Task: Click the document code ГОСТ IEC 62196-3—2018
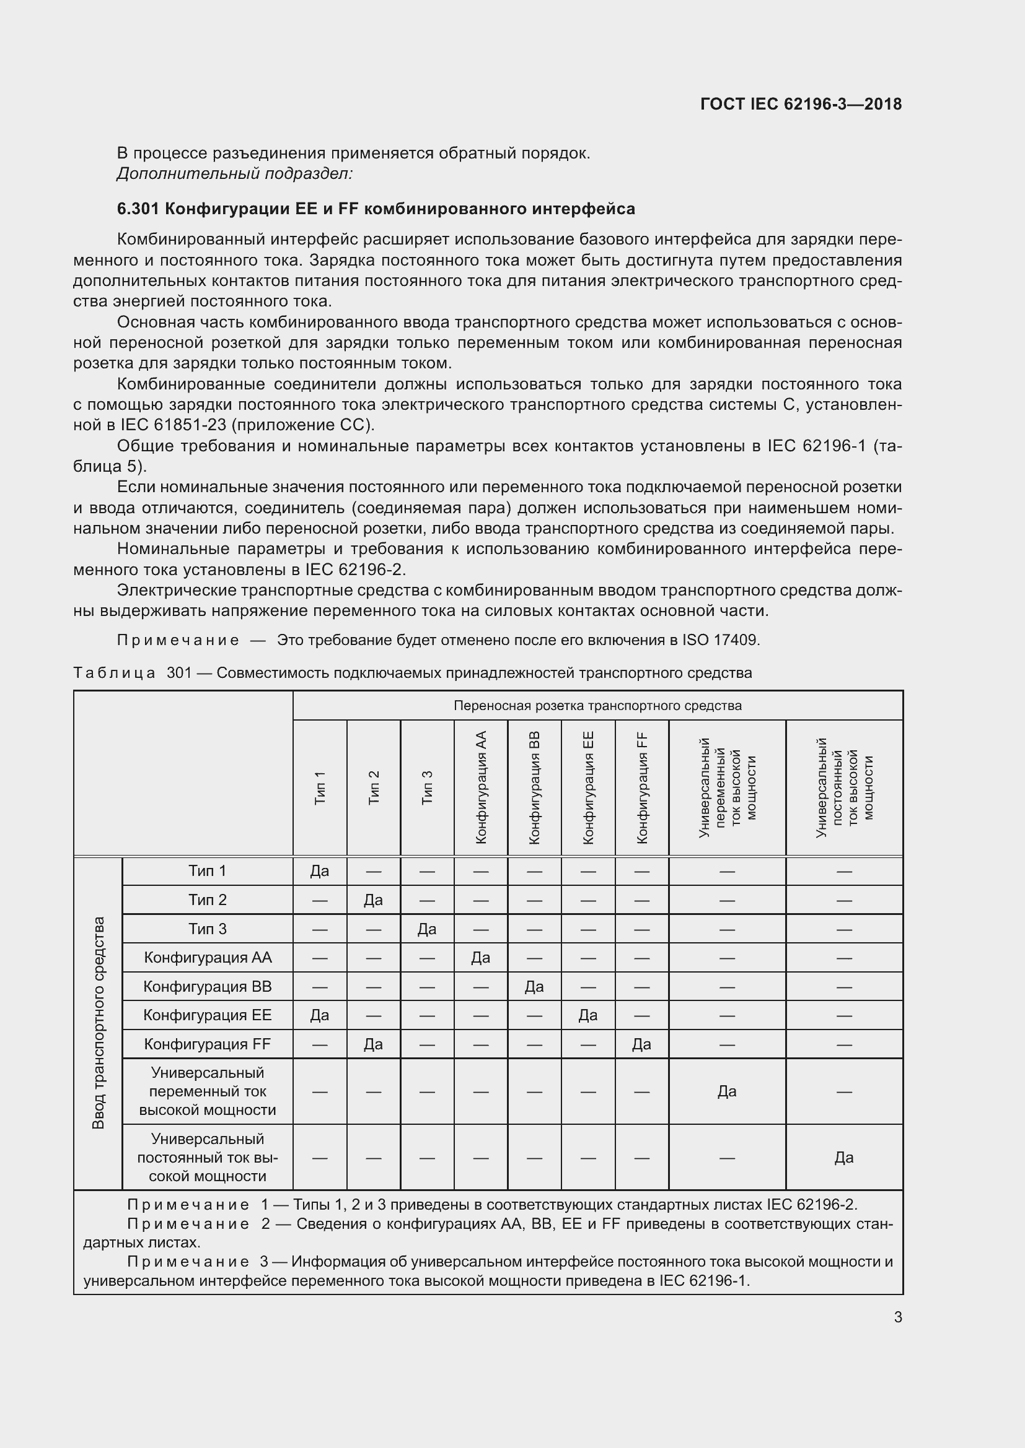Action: pos(800,104)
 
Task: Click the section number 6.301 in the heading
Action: pos(138,209)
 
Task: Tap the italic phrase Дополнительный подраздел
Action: pos(234,173)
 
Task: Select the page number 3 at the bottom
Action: pos(897,1317)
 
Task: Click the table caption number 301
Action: pos(178,673)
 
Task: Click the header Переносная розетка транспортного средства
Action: pos(597,706)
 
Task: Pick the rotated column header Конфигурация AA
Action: pos(481,787)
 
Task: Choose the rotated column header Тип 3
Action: pos(428,787)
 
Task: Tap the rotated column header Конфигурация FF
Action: pos(642,787)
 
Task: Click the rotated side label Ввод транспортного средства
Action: pos(98,1022)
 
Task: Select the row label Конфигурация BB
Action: pos(207,986)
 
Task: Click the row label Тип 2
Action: pos(207,900)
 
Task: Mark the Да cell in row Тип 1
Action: pos(319,871)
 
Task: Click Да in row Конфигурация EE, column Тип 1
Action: pos(319,1015)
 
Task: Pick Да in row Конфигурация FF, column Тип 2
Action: pos(373,1044)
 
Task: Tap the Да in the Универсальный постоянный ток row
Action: pos(844,1157)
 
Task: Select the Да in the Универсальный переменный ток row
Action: pos(726,1091)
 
